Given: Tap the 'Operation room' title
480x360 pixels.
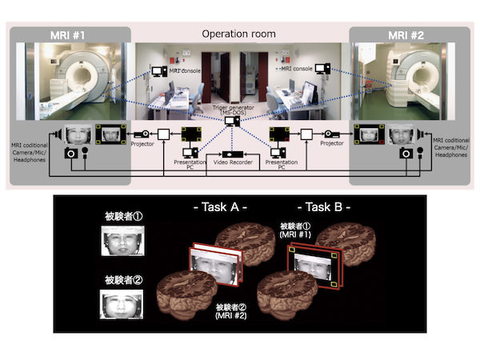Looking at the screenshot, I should pyautogui.click(x=238, y=34).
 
